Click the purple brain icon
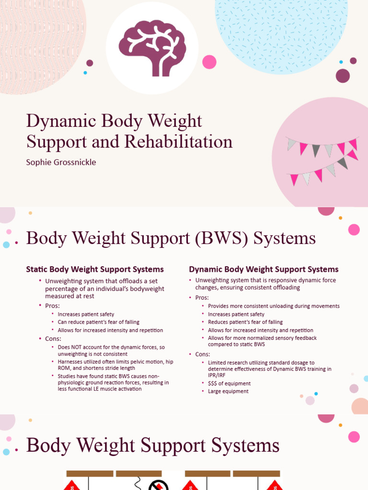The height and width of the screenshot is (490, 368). point(152,48)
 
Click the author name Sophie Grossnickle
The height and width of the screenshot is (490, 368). point(61,162)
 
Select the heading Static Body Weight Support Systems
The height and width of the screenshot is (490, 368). point(95,269)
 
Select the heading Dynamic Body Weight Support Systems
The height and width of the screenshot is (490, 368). point(264,269)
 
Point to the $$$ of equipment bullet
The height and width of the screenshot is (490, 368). point(229,383)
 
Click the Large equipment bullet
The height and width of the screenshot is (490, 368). point(228,391)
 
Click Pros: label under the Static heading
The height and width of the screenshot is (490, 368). point(53,305)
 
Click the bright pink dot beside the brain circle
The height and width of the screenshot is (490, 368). point(209,62)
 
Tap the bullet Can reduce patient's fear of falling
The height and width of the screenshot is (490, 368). point(99,322)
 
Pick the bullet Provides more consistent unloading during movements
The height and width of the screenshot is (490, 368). point(274,306)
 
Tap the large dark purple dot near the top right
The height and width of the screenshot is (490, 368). point(343,76)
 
